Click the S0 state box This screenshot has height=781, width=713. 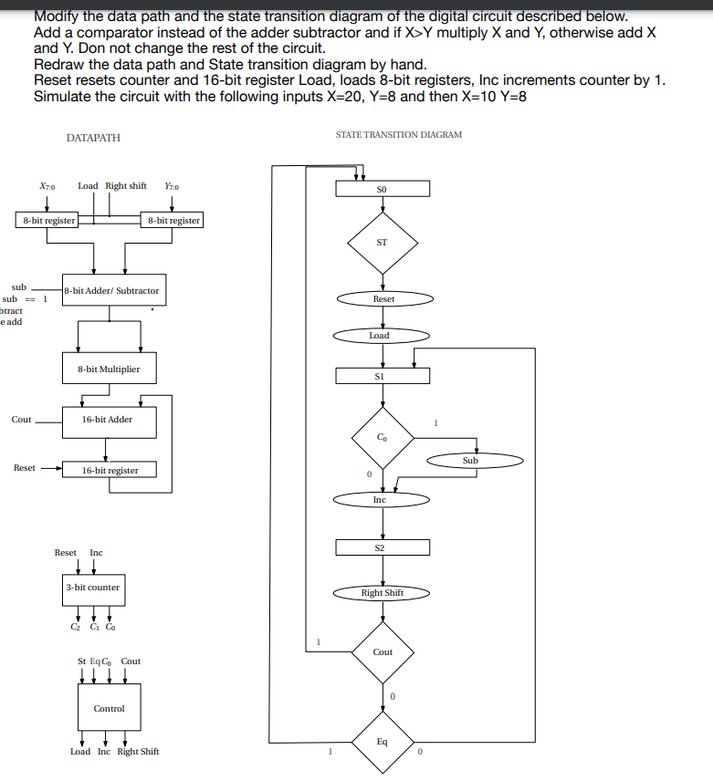382,189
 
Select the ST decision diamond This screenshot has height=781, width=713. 382,243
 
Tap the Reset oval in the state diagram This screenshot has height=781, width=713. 383,299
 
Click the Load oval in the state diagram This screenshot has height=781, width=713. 380,336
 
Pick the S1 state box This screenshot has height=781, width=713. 382,376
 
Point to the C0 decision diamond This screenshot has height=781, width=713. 382,438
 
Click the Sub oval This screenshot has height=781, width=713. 470,461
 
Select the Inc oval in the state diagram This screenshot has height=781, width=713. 380,500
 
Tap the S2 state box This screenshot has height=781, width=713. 382,547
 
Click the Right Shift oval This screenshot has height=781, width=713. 382,593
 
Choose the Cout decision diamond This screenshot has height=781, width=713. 383,651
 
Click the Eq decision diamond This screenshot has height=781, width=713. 383,742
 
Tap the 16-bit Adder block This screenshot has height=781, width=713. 107,420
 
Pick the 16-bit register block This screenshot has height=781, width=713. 109,470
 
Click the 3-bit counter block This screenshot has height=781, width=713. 92,588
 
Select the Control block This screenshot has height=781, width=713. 109,708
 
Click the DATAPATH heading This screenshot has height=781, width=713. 93,138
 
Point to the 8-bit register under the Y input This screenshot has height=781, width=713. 173,220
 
